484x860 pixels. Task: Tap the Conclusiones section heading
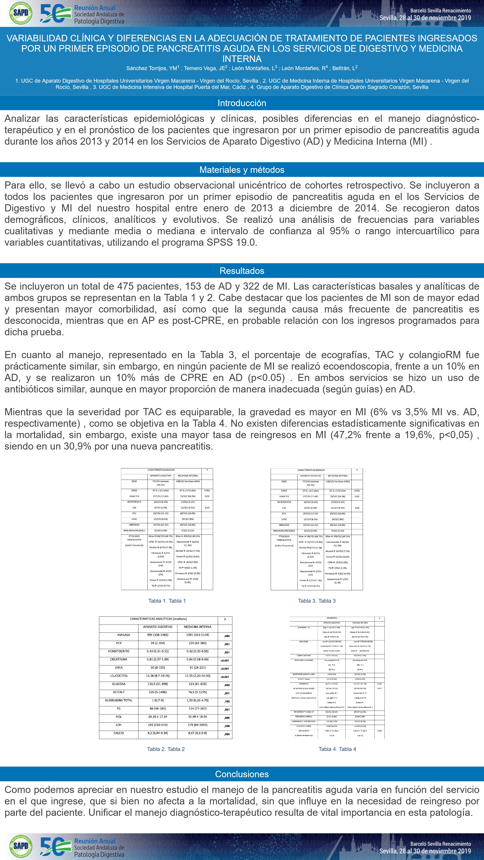242,774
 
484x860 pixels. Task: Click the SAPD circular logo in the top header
21,13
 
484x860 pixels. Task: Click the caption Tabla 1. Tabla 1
167,601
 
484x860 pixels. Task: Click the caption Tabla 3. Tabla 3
317,601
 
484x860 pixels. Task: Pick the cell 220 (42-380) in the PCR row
197,643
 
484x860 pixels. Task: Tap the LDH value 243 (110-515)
158,725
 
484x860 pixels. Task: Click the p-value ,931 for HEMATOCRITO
227,652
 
